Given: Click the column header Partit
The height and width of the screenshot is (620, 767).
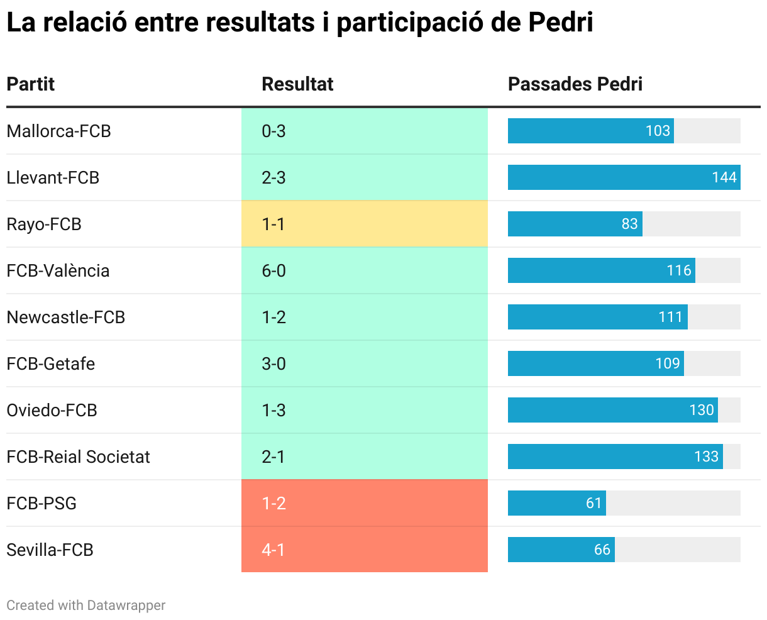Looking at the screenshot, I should (31, 84).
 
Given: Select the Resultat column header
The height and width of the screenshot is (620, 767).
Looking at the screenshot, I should (297, 84).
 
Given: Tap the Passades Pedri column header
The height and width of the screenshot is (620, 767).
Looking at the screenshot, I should (575, 84).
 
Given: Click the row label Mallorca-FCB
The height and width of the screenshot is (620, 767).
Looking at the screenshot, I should (58, 131).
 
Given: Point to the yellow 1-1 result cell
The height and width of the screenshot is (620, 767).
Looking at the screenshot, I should (364, 224).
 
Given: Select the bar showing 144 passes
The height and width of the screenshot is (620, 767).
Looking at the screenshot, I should (624, 177).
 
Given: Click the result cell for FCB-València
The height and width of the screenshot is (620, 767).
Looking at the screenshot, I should (364, 270).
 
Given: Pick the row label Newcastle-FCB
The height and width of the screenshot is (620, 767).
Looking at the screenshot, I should (66, 317).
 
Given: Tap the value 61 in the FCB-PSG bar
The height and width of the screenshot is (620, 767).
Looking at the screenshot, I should (593, 503).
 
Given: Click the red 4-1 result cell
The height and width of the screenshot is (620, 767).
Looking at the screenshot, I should (364, 550).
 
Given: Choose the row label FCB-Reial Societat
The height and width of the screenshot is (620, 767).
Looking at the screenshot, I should (78, 457).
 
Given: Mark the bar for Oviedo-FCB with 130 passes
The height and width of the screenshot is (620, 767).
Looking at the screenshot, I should (612, 410).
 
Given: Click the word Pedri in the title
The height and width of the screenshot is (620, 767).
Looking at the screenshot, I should (560, 23).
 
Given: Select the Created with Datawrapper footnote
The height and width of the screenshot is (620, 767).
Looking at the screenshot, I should (86, 605).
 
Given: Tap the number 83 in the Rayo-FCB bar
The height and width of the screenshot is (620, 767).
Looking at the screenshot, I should (629, 224).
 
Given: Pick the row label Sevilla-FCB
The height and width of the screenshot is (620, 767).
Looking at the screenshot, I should (50, 550).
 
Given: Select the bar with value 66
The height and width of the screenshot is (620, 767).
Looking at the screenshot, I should (561, 550).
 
